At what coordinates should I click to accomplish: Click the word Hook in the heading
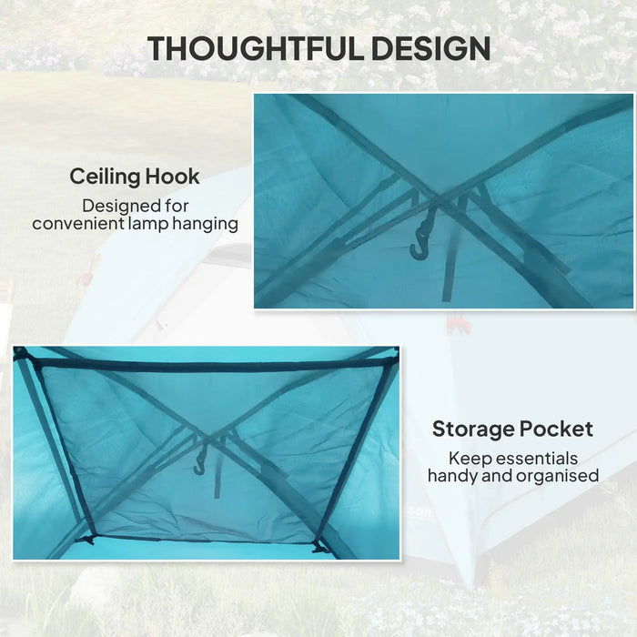point(174,176)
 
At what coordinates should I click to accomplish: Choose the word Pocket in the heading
point(559,428)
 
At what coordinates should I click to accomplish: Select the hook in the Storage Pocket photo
point(201,459)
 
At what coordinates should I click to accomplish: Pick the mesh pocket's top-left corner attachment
point(22,354)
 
